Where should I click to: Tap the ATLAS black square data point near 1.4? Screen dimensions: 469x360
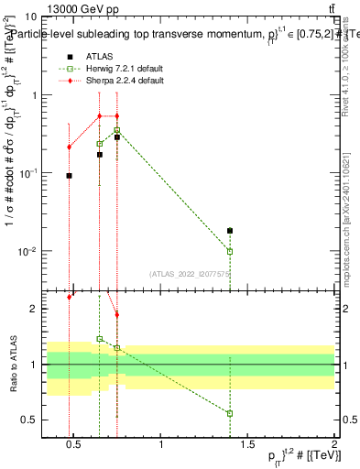click(230, 231)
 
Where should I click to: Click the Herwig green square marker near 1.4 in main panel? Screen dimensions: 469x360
click(230, 251)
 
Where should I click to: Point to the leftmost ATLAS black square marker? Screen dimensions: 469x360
click(69, 175)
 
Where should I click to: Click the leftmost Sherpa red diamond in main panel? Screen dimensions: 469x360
click(69, 147)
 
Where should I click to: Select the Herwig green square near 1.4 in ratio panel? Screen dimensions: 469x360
click(230, 413)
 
